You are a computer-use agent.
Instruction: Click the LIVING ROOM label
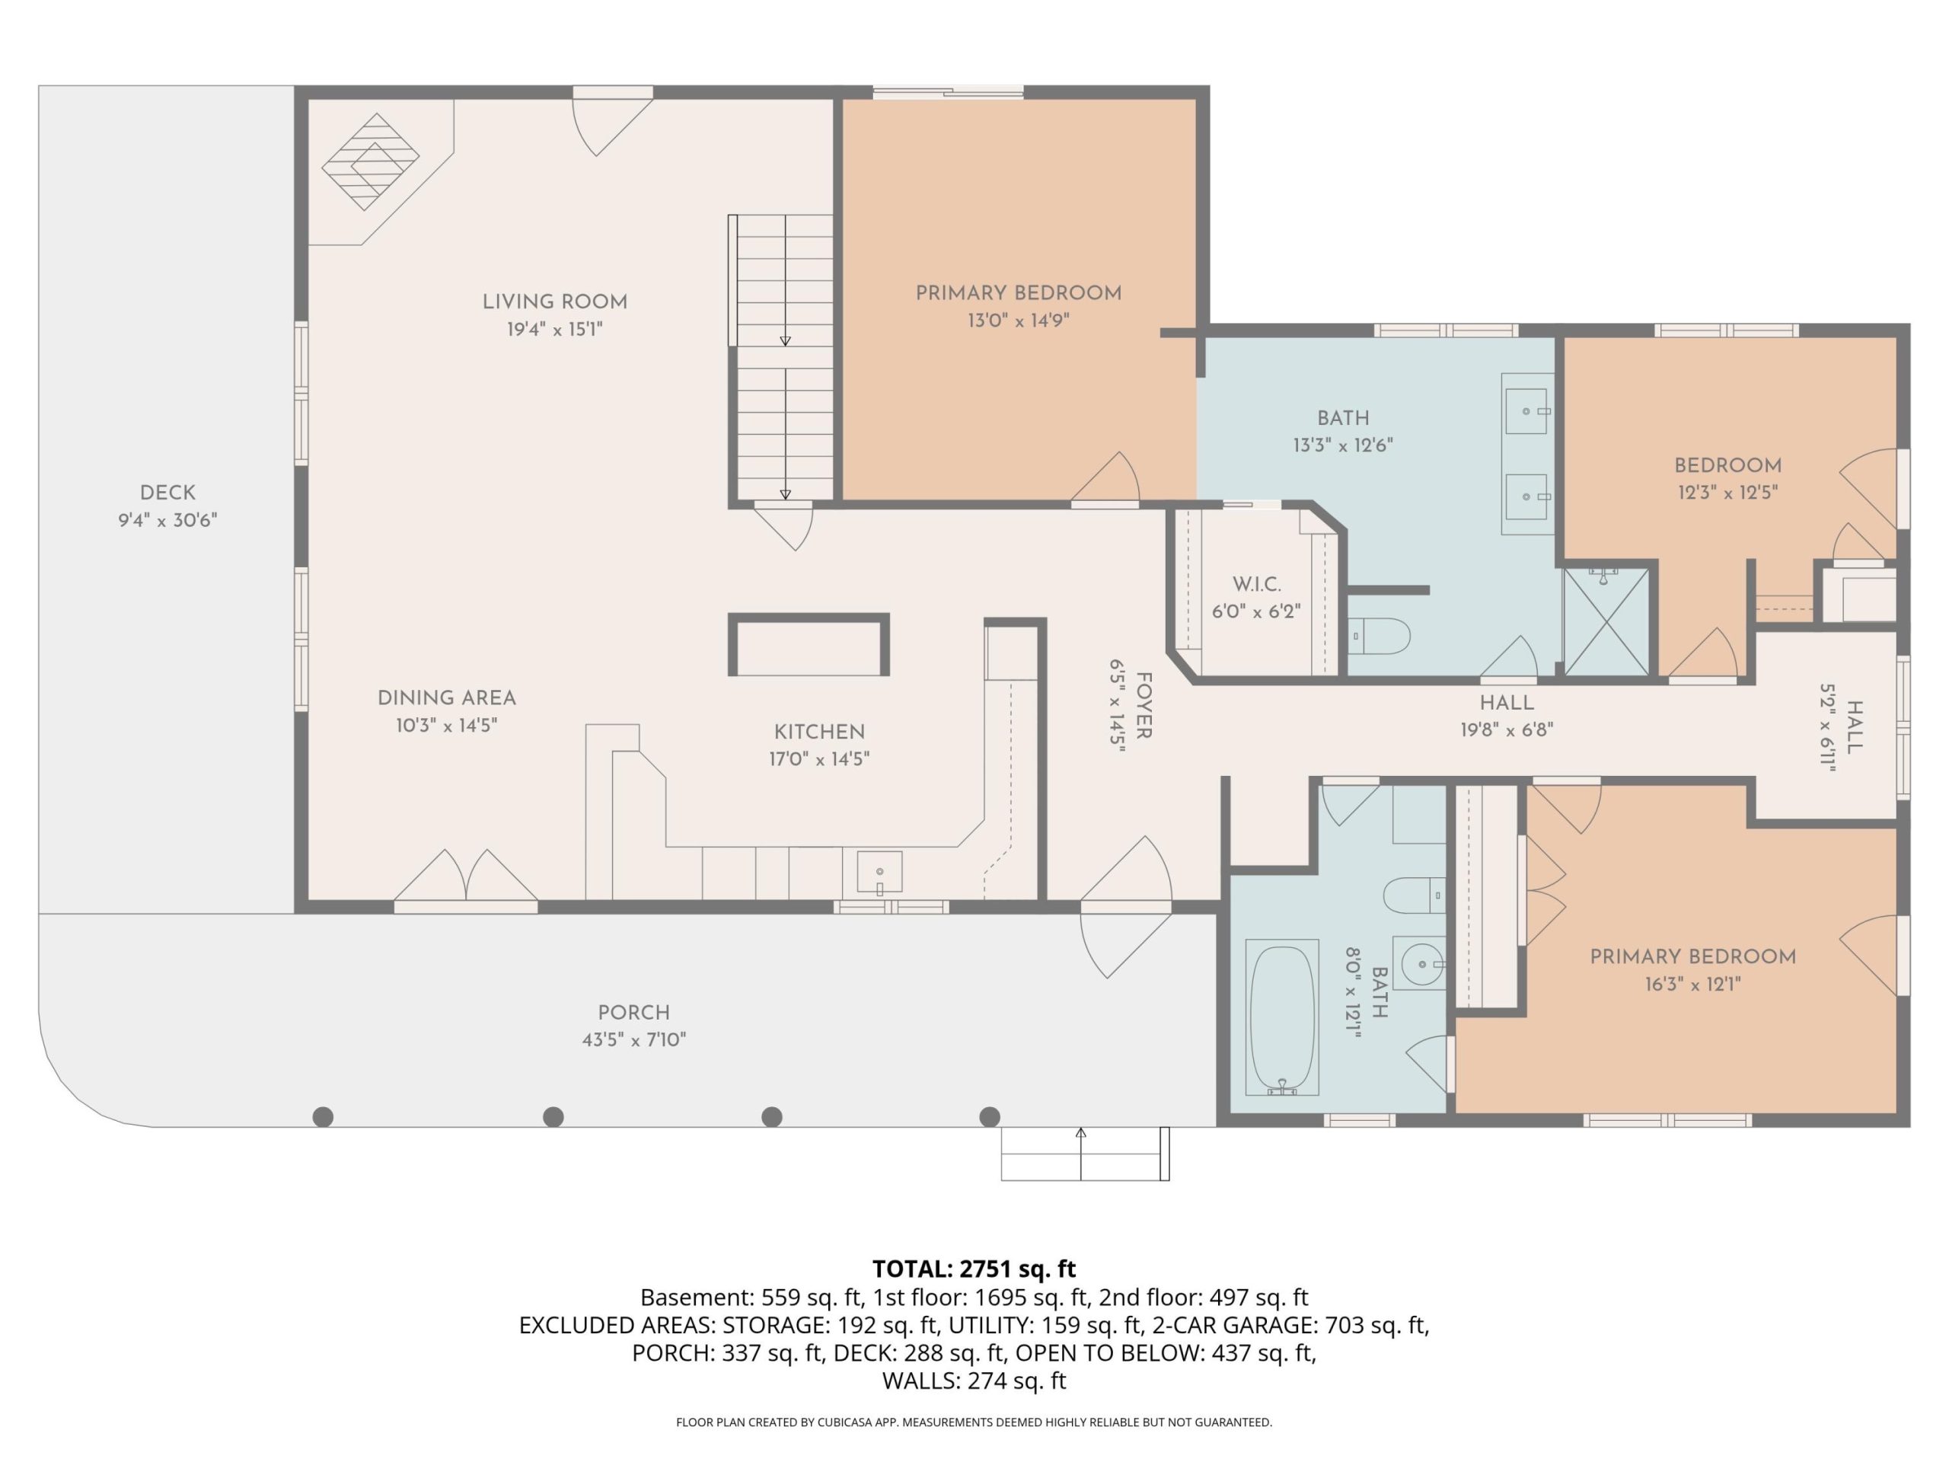pos(554,302)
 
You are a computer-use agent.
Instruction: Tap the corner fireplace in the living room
pos(370,162)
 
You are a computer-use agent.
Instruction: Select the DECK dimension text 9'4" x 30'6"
pos(167,520)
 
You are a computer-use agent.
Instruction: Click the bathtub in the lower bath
pos(1282,1019)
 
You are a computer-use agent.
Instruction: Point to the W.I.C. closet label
pos(1256,584)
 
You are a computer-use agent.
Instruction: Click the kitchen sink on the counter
pos(879,872)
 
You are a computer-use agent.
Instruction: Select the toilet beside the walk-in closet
pos(1380,635)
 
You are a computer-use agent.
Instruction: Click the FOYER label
pos(1144,706)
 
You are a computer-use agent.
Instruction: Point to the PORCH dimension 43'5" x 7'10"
pos(633,1040)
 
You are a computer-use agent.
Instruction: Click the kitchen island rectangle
pos(808,645)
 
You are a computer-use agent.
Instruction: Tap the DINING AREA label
pos(447,699)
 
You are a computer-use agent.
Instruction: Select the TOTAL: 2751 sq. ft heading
pos(974,1269)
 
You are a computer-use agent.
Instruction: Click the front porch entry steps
pos(1085,1154)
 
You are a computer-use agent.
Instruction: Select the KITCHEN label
pos(819,733)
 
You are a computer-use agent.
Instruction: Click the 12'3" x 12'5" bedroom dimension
pos(1728,493)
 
